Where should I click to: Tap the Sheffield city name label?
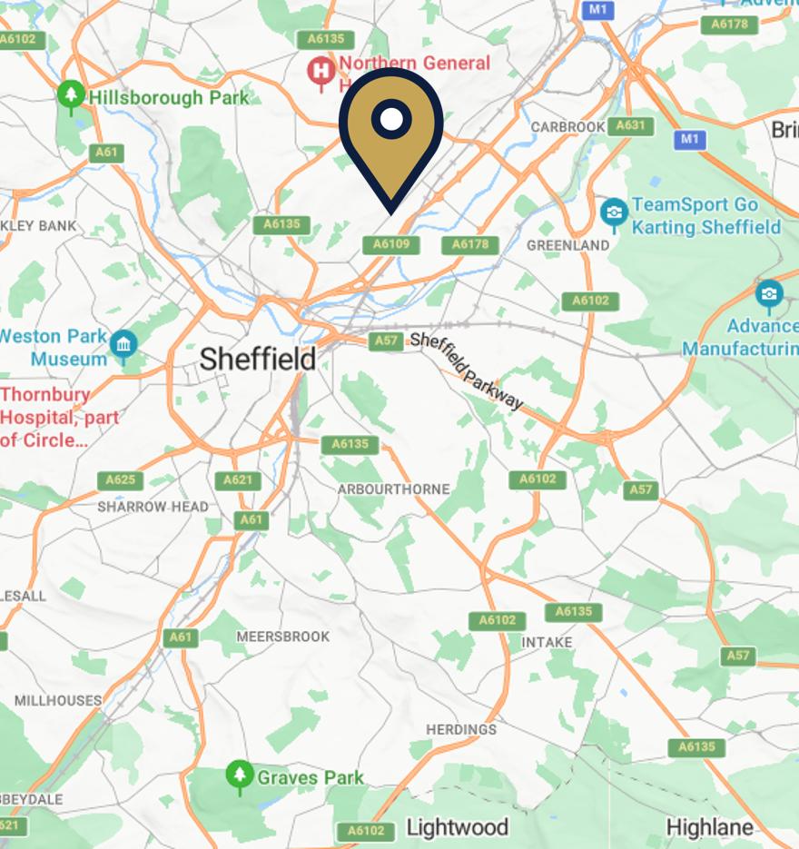(x=258, y=359)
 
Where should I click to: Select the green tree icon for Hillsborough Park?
(x=70, y=95)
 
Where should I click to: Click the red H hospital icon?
(x=320, y=70)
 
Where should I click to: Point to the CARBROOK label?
(x=567, y=126)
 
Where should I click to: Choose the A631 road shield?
(x=630, y=126)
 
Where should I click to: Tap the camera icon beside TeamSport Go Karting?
(x=614, y=213)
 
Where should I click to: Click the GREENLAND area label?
(x=568, y=245)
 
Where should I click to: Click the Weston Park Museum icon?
(x=123, y=345)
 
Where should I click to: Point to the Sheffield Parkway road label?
(x=467, y=370)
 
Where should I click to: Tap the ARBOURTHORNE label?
(x=393, y=489)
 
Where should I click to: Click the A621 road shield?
(x=237, y=480)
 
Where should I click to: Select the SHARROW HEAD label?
(x=153, y=507)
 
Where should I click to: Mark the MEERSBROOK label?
(x=283, y=637)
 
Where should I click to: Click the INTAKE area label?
(x=547, y=642)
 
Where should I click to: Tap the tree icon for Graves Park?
(x=239, y=775)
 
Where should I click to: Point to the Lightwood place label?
(x=457, y=827)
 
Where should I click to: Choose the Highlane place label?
(x=709, y=827)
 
